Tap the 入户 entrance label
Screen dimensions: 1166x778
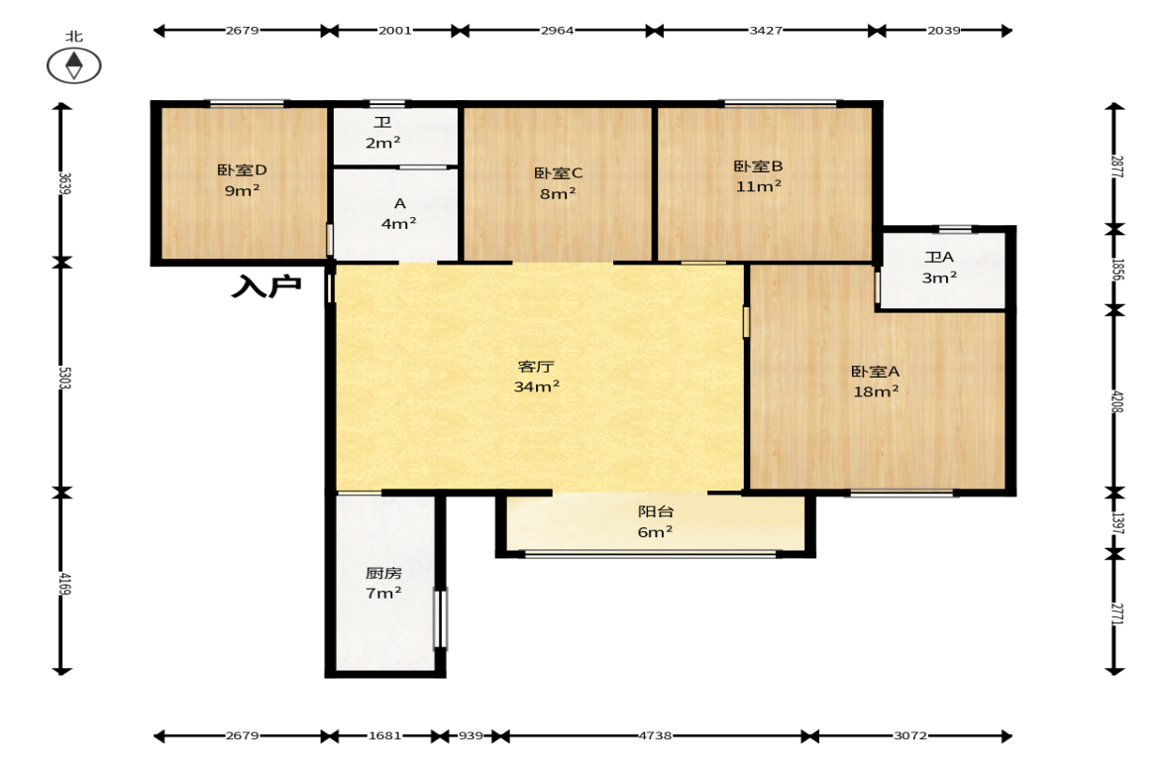pos(266,286)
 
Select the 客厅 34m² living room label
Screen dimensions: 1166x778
pos(536,377)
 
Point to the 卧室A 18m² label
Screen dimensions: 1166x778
pos(876,381)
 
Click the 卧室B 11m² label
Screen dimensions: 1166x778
pos(759,176)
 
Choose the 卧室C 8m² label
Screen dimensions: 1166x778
pos(558,183)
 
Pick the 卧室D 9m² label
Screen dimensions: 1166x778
pos(242,180)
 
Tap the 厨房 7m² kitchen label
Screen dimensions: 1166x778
pos(383,583)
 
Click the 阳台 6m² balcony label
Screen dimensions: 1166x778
pos(655,521)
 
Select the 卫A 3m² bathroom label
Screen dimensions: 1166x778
pos(939,267)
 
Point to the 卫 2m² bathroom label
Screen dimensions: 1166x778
pos(383,133)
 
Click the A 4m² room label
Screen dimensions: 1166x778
pos(399,213)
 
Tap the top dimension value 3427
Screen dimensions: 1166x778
pos(765,31)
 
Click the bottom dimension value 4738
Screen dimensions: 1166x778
pos(655,735)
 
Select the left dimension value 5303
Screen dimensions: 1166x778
pos(64,378)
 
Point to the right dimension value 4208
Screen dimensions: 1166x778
pos(1116,401)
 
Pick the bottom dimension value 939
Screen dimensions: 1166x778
pos(471,735)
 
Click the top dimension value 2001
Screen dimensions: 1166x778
pos(395,31)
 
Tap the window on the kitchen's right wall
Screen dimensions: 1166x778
pos(440,618)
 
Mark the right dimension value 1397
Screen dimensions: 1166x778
pos(1116,523)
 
